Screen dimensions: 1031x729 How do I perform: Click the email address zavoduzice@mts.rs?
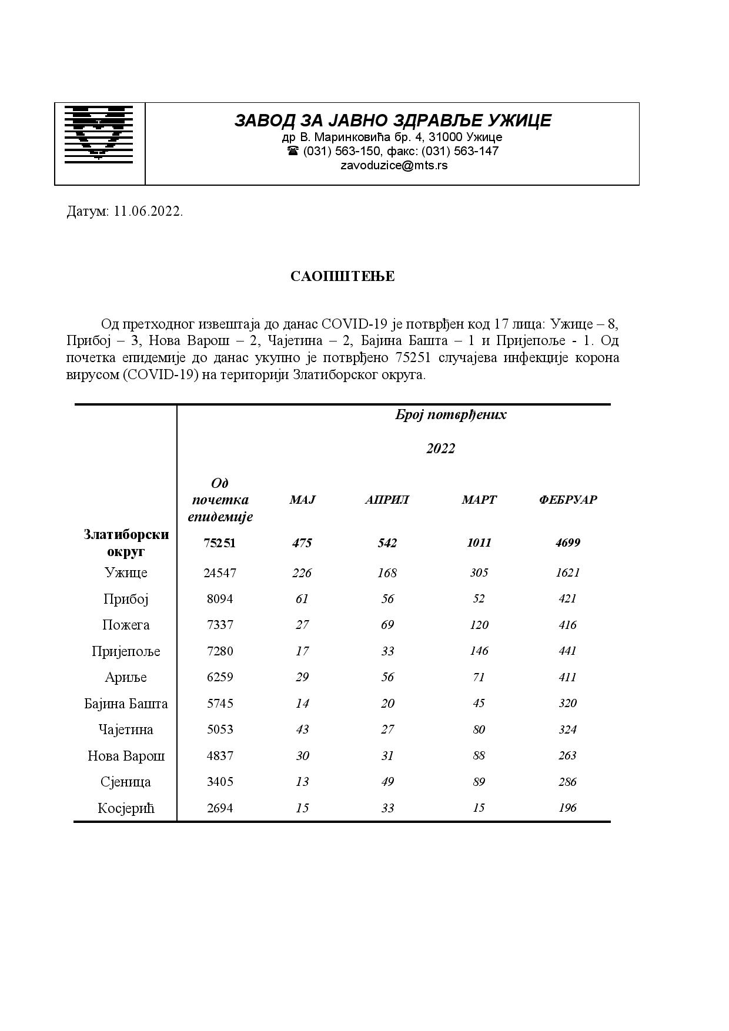coord(393,165)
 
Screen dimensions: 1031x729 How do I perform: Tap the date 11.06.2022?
coord(148,212)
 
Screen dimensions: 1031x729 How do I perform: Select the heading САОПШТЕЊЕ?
coord(342,276)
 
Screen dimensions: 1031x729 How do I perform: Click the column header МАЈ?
coord(302,500)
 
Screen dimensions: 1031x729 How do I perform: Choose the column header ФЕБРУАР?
coord(567,500)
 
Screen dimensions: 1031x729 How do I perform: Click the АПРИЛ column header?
coord(387,500)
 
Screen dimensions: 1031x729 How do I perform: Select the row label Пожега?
coord(126,625)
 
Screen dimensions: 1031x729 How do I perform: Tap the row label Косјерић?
coord(126,808)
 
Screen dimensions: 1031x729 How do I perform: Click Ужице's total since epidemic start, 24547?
coord(219,573)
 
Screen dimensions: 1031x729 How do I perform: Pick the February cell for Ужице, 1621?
coord(567,573)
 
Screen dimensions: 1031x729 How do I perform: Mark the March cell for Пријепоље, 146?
coord(479,651)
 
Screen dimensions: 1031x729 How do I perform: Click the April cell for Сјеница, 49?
coord(387,782)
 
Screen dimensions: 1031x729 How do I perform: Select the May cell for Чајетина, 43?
coord(302,729)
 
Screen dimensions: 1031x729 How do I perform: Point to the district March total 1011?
coord(479,543)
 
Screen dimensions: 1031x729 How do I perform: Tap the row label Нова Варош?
coord(126,756)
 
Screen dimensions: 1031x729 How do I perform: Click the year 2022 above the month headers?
coord(440,448)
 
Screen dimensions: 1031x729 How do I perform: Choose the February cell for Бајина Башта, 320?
coord(567,703)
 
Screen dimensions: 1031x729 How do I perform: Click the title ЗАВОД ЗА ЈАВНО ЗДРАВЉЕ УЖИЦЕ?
coord(393,120)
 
